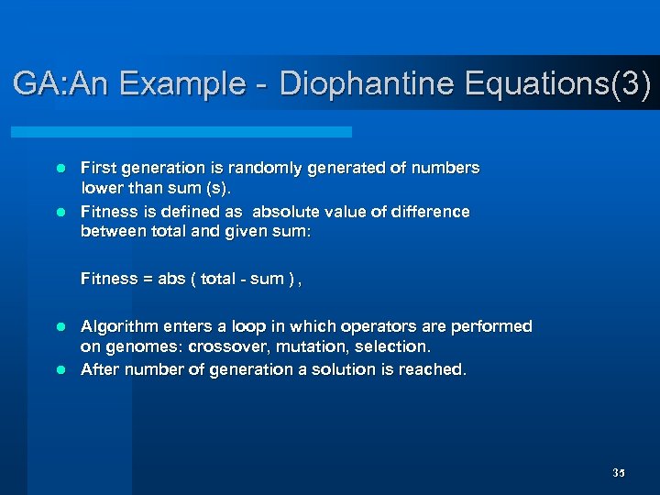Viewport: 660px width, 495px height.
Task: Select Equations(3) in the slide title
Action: point(558,84)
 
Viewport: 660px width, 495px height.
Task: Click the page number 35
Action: point(618,473)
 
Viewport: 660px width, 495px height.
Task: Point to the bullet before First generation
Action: point(61,169)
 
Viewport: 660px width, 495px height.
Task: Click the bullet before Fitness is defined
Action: point(61,212)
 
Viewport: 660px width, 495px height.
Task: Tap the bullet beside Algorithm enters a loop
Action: point(61,326)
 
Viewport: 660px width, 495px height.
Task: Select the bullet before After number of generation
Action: point(61,369)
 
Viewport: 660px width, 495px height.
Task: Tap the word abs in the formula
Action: point(171,279)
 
